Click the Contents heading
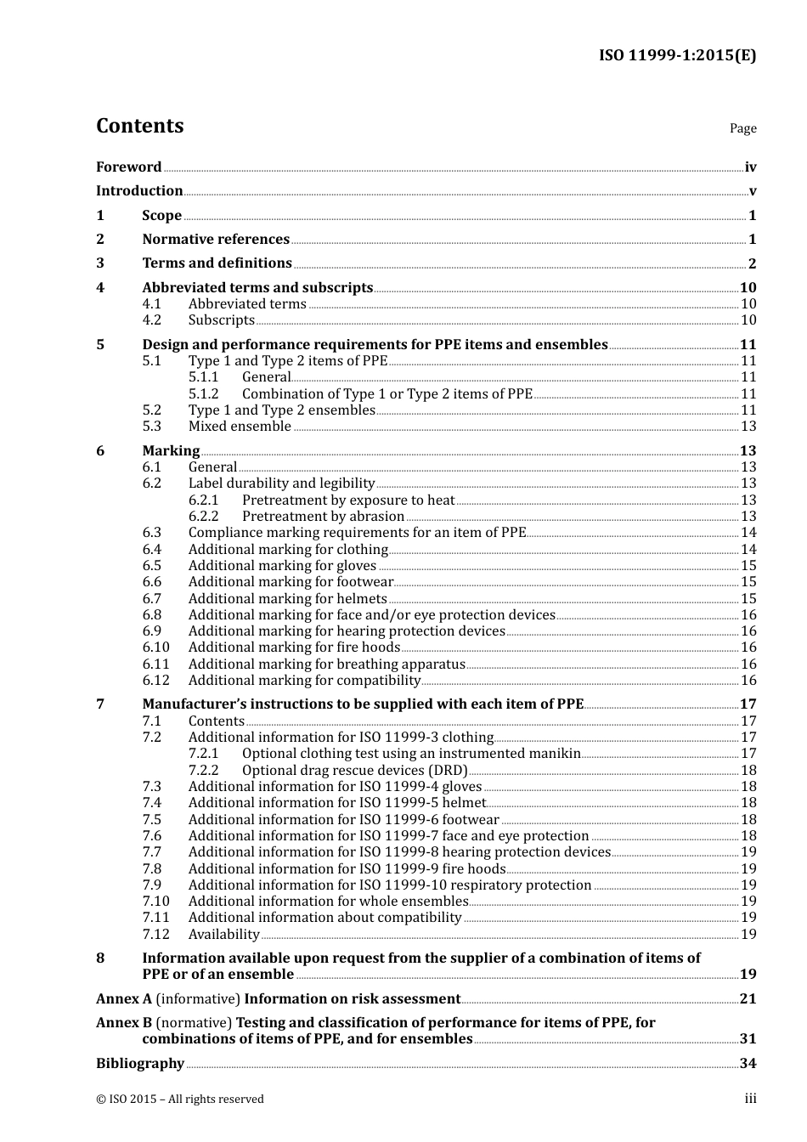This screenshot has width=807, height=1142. (x=139, y=126)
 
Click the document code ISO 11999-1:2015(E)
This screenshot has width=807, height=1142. (x=677, y=56)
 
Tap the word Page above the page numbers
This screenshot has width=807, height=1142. (x=742, y=128)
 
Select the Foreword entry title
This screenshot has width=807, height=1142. (x=128, y=167)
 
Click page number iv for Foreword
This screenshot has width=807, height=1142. (x=750, y=167)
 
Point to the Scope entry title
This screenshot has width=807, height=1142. (x=161, y=216)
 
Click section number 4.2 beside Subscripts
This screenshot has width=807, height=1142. (x=152, y=320)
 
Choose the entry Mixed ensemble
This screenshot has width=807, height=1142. (x=240, y=427)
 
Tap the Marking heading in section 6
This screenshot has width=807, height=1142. (x=171, y=451)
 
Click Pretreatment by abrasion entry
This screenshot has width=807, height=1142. (x=323, y=517)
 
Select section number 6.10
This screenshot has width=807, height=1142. (x=156, y=647)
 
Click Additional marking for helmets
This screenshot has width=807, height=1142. (x=287, y=599)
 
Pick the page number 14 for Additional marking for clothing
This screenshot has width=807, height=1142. (x=748, y=550)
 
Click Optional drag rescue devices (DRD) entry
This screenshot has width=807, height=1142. (x=354, y=771)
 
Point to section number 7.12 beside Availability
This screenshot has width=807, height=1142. (x=156, y=935)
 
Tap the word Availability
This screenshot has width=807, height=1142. (x=223, y=935)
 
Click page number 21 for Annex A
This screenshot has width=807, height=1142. (x=748, y=999)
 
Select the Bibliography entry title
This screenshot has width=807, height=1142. (x=140, y=1064)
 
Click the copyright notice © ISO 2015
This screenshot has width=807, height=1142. (x=179, y=1100)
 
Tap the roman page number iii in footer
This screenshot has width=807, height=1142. (x=751, y=1099)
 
